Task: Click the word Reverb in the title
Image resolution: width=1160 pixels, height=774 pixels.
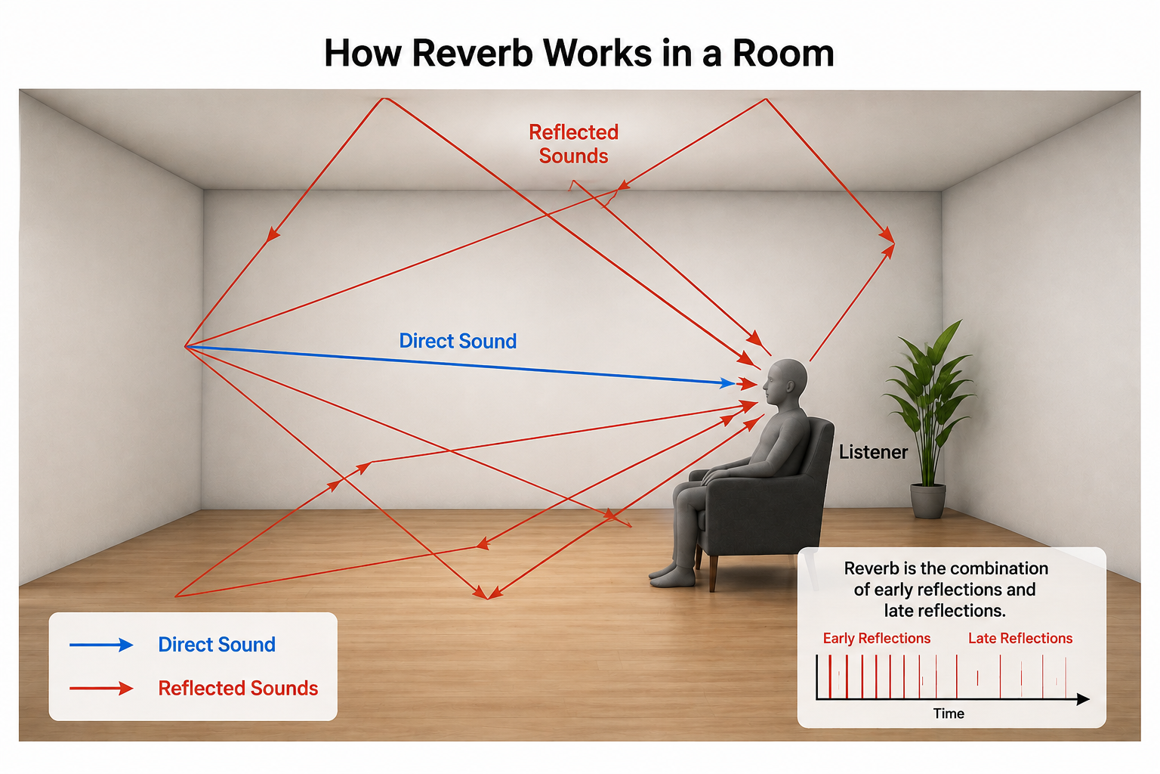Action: (472, 54)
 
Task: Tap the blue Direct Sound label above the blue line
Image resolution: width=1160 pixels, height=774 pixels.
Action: (458, 341)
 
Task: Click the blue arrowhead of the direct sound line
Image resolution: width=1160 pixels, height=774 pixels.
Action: (728, 383)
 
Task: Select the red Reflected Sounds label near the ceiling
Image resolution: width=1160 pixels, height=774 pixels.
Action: (574, 144)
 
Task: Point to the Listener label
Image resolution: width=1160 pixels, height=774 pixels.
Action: (873, 452)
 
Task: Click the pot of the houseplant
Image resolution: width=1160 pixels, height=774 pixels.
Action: (928, 501)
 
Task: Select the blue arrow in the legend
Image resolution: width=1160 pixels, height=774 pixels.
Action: (101, 645)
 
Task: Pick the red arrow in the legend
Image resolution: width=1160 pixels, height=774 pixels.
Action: (101, 689)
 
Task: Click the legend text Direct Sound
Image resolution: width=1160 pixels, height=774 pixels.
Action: (217, 645)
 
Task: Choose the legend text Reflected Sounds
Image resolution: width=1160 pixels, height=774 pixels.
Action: (238, 689)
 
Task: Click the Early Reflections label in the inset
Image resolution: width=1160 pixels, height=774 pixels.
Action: (877, 638)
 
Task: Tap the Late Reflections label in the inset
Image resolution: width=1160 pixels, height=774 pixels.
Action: (1020, 638)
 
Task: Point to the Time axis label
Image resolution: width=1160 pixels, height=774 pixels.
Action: (949, 714)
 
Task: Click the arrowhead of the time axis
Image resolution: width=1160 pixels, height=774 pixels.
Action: (1084, 699)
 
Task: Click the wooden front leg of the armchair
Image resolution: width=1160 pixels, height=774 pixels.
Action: (714, 574)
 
